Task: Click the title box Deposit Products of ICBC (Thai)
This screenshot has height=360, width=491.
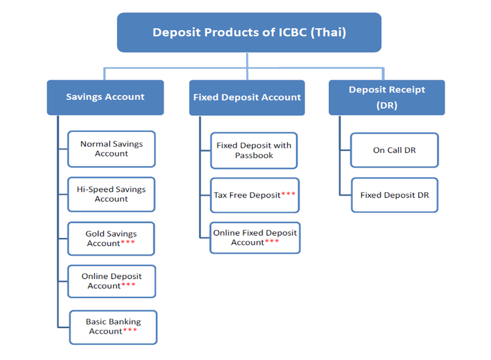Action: tap(249, 33)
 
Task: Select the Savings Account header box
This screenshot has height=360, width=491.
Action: tap(105, 98)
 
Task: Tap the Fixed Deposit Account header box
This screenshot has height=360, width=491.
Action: tap(247, 98)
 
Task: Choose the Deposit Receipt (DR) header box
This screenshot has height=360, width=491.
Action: tap(387, 98)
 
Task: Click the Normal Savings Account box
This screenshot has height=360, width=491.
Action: tap(112, 149)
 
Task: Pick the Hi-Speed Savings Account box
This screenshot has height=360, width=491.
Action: tap(111, 194)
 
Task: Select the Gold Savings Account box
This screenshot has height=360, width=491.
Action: tap(111, 239)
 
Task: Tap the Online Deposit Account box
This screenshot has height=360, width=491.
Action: tap(112, 281)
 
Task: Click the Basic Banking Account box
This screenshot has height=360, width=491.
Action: tap(113, 327)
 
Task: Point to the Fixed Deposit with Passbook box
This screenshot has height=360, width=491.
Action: tap(254, 150)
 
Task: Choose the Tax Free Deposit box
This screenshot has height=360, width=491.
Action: tap(255, 195)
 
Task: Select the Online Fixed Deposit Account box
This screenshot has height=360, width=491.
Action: tap(255, 238)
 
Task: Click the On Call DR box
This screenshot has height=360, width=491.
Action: tap(394, 150)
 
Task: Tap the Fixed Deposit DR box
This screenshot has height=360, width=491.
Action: tap(395, 195)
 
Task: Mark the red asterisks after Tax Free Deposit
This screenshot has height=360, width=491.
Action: tap(288, 194)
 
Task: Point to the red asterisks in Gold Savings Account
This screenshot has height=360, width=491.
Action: tap(128, 242)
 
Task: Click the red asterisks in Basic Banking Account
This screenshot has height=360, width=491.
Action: tap(130, 330)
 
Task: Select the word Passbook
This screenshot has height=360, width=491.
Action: tap(254, 155)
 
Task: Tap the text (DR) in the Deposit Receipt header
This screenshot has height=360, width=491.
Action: tap(387, 105)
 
